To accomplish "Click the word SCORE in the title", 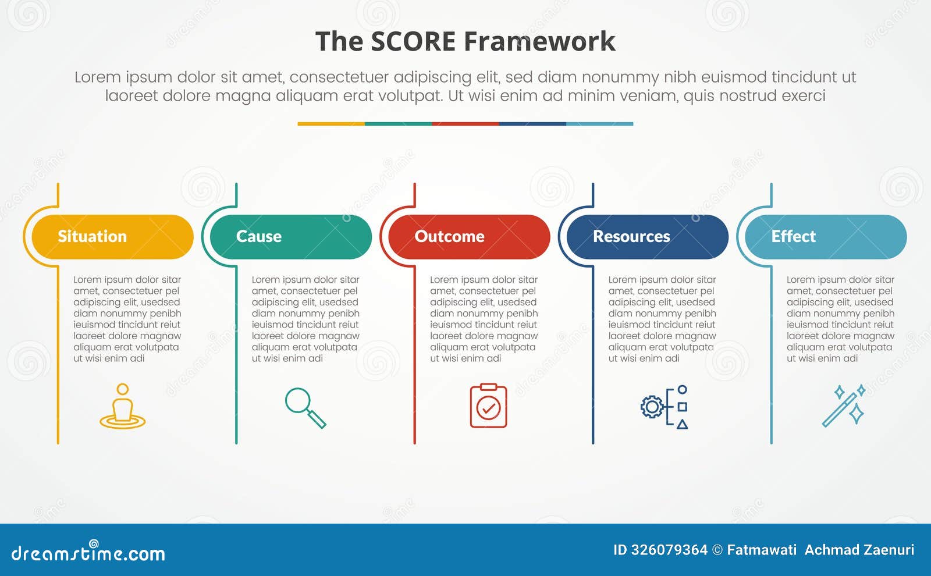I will pyautogui.click(x=413, y=42).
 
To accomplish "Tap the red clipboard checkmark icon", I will pyautogui.click(x=488, y=406).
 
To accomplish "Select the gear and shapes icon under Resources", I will pyautogui.click(x=664, y=407).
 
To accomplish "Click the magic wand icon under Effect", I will pyautogui.click(x=843, y=406).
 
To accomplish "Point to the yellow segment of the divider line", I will pyautogui.click(x=331, y=124).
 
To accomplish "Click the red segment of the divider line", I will pyautogui.click(x=465, y=124).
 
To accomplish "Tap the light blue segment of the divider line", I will pyautogui.click(x=599, y=124).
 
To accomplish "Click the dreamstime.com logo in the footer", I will pyautogui.click(x=88, y=552).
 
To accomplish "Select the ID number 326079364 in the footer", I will pyautogui.click(x=669, y=550).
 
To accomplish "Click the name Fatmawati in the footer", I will pyautogui.click(x=762, y=550).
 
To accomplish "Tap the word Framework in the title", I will pyautogui.click(x=539, y=42).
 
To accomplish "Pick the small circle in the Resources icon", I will pyautogui.click(x=683, y=389).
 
